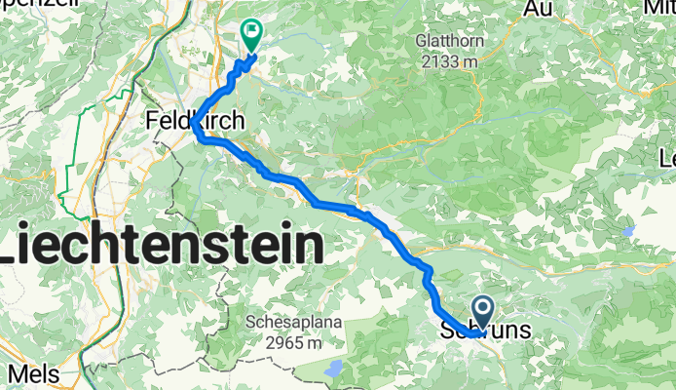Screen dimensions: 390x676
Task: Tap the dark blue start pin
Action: click(x=483, y=312)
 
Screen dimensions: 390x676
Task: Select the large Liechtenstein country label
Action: click(x=161, y=245)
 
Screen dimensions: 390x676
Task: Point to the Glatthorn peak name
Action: click(x=448, y=42)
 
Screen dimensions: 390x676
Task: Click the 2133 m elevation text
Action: click(x=449, y=60)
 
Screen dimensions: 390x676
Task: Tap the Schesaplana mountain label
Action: click(x=284, y=323)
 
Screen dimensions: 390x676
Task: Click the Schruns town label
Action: click(x=487, y=331)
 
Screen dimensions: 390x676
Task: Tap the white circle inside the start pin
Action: click(x=483, y=308)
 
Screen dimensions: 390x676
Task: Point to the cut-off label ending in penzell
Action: click(x=29, y=4)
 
